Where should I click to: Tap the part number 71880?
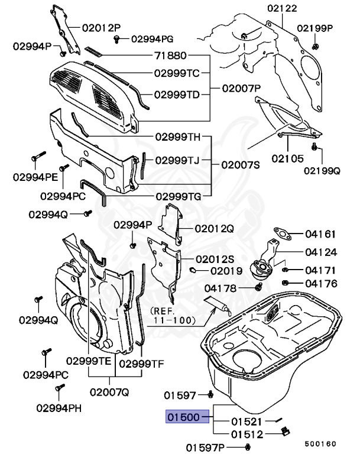tap(170, 57)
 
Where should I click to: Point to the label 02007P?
tap(241, 87)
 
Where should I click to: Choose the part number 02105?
tap(287, 158)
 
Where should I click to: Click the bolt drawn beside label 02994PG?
tap(117, 39)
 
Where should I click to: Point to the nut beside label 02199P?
tap(314, 46)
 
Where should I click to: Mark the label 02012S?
tap(215, 260)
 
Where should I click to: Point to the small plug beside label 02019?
tap(193, 270)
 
